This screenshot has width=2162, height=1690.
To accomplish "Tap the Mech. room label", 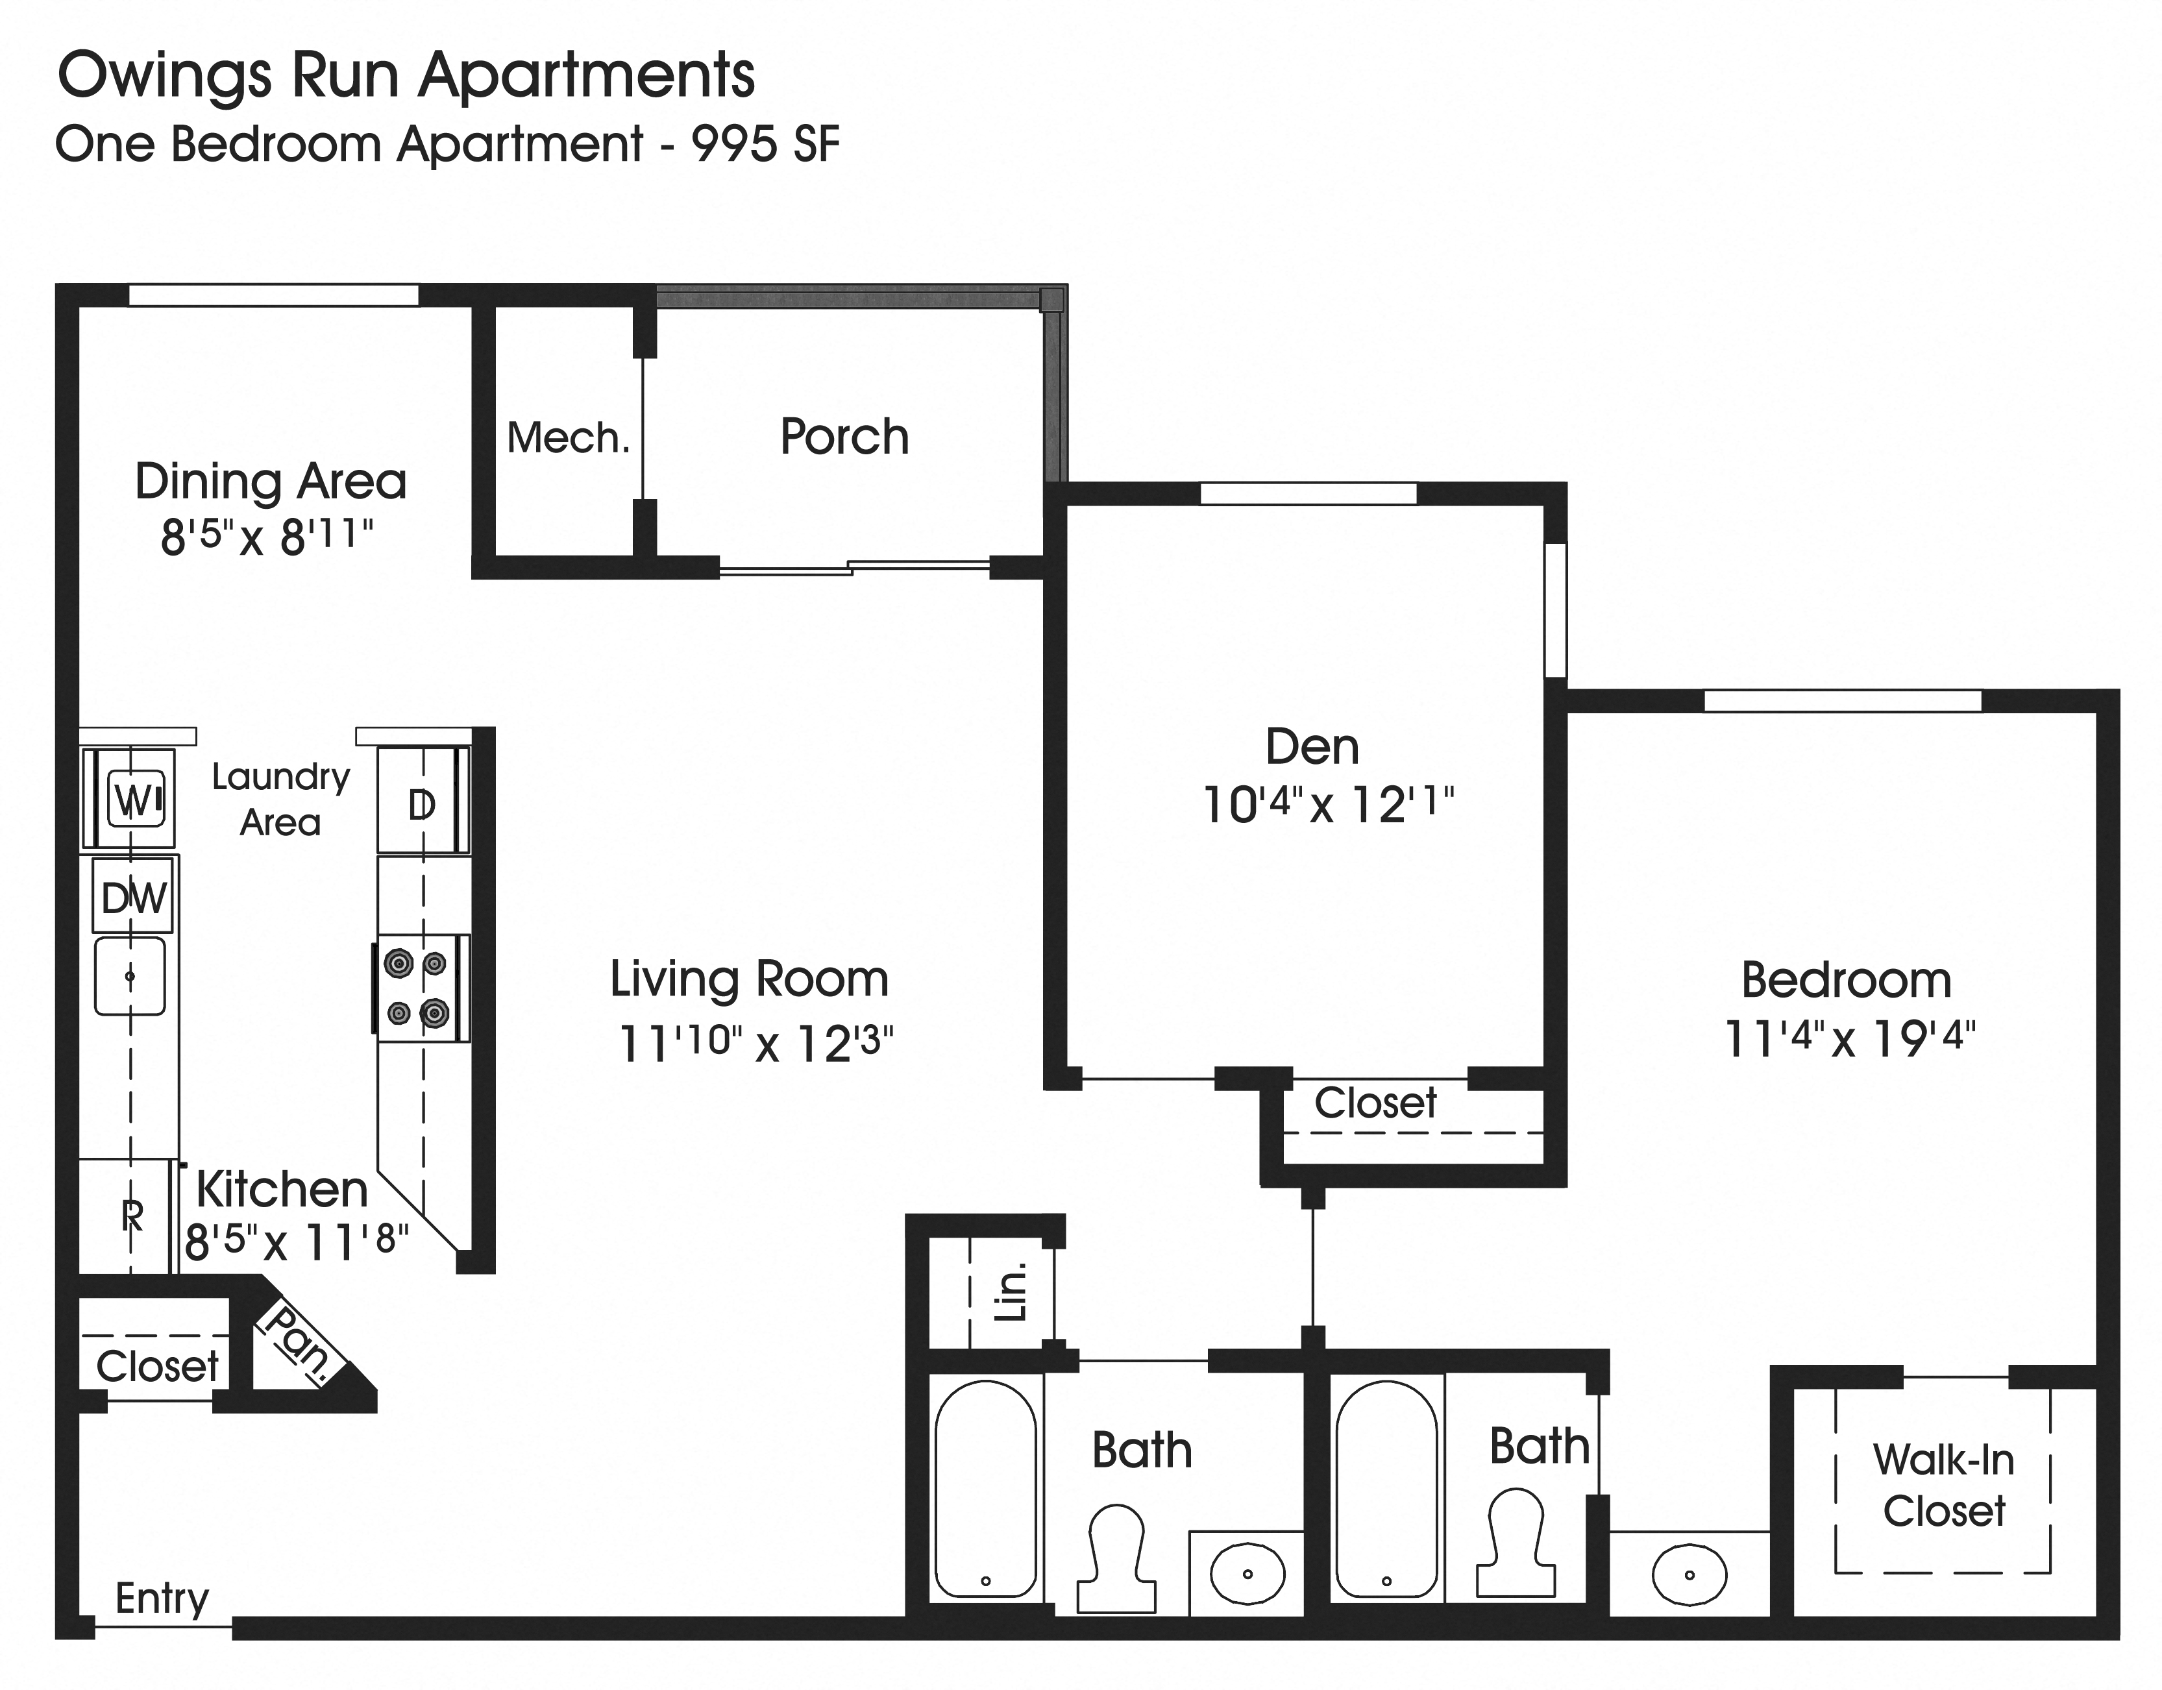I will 568,437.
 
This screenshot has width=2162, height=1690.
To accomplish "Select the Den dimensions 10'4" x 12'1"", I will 1327,805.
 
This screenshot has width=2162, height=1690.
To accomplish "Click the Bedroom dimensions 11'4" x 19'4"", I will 1849,1038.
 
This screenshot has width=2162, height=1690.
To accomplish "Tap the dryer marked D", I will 422,805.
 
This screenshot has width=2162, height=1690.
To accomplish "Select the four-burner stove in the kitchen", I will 421,988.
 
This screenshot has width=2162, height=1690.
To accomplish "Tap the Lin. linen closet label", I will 1011,1292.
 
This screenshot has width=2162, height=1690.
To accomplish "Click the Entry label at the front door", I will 162,1598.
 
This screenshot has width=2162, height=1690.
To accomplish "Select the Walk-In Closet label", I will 1943,1485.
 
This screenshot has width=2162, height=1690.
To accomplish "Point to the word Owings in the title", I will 164,75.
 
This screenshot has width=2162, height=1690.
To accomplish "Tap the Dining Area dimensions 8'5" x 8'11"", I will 267,537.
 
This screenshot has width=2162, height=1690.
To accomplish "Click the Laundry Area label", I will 280,799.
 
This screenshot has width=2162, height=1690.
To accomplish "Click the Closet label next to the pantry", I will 156,1366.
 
